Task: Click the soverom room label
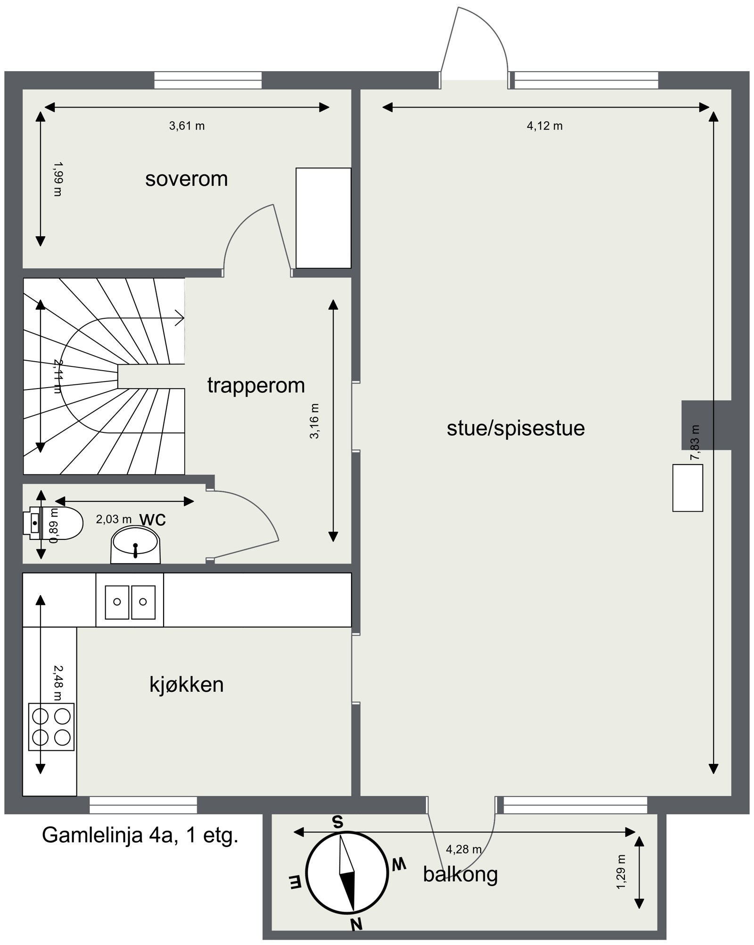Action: [x=186, y=179]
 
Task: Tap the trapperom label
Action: [x=256, y=385]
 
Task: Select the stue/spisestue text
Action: [x=516, y=428]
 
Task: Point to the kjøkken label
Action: [x=186, y=684]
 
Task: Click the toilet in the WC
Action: [x=57, y=523]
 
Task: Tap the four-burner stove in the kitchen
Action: [x=51, y=726]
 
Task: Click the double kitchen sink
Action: [x=130, y=602]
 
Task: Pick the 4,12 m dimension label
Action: [x=544, y=126]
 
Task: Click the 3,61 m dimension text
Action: [x=187, y=126]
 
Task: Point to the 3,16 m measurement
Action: [x=314, y=421]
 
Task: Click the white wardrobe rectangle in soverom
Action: [x=323, y=218]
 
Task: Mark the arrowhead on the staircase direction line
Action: [x=180, y=318]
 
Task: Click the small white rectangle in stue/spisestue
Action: [x=688, y=488]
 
